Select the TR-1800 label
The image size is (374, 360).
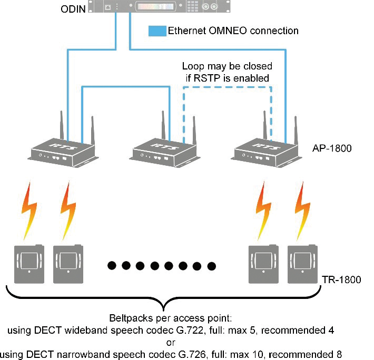tap(342, 279)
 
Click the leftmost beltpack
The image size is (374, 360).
tap(27, 261)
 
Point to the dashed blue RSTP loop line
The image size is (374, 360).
tap(227, 87)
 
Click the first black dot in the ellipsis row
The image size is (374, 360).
tap(112, 265)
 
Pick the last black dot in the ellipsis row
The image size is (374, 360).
tap(212, 265)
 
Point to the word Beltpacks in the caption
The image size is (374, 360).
tap(128, 318)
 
